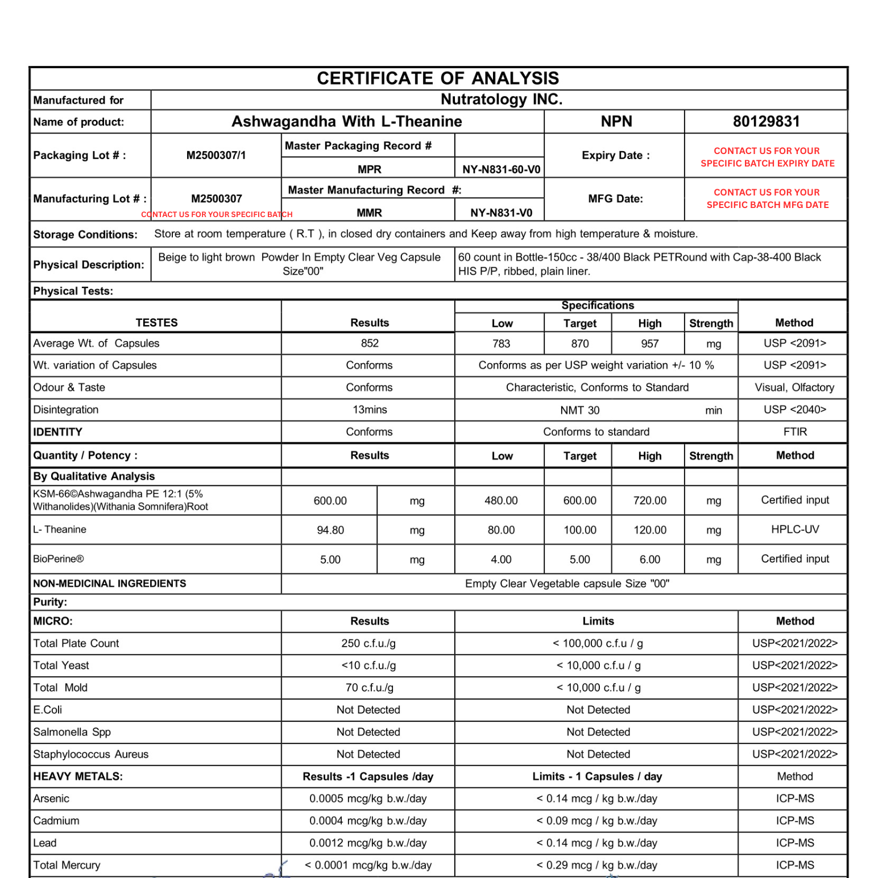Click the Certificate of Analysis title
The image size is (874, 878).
tap(438, 78)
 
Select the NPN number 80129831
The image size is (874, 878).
tap(766, 122)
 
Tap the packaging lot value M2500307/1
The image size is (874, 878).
tap(216, 155)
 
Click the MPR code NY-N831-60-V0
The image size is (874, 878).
tap(501, 169)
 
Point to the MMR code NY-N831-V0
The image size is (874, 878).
tap(501, 213)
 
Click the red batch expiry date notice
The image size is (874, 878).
tap(767, 157)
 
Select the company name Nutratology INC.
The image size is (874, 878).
tap(501, 99)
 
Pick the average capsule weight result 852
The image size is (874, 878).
tap(370, 343)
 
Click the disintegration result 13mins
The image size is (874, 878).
tap(370, 410)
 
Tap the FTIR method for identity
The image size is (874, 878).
tap(794, 432)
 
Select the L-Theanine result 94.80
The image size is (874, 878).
tap(330, 530)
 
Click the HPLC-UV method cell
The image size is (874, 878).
tap(794, 530)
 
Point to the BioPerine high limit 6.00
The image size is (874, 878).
tap(649, 560)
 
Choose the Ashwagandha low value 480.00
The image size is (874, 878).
tap(501, 501)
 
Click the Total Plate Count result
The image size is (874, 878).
tap(368, 643)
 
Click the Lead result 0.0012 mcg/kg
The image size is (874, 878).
tap(368, 843)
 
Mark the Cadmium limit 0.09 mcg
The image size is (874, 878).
tap(597, 821)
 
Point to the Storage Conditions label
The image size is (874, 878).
tap(85, 235)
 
